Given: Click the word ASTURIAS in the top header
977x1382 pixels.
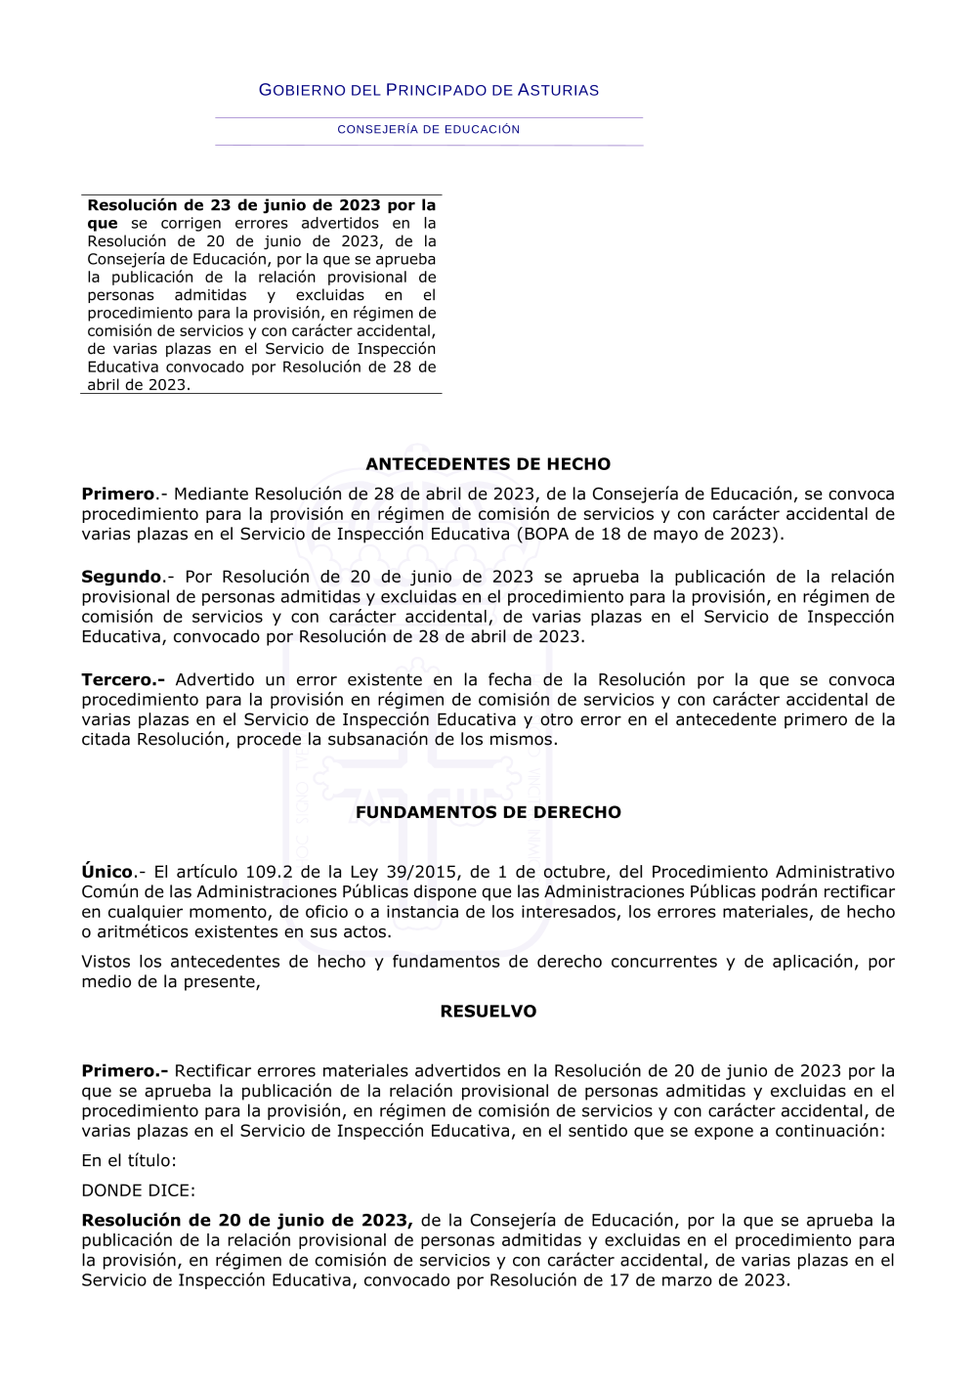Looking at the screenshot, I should pos(558,90).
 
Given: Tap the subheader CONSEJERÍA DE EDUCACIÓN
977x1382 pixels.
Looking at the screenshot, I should pos(429,129).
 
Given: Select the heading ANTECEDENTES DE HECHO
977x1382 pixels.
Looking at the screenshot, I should pos(488,464).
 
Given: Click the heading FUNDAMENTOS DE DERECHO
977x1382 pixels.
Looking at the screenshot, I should pos(488,812).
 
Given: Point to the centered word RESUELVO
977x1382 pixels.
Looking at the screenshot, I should pos(488,1012).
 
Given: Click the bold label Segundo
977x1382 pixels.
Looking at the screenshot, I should pos(121,577).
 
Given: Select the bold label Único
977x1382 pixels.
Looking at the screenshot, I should pos(107,872).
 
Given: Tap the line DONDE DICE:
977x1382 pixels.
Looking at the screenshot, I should pos(138,1190).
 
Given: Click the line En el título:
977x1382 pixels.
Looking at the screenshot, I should pos(129,1161).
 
